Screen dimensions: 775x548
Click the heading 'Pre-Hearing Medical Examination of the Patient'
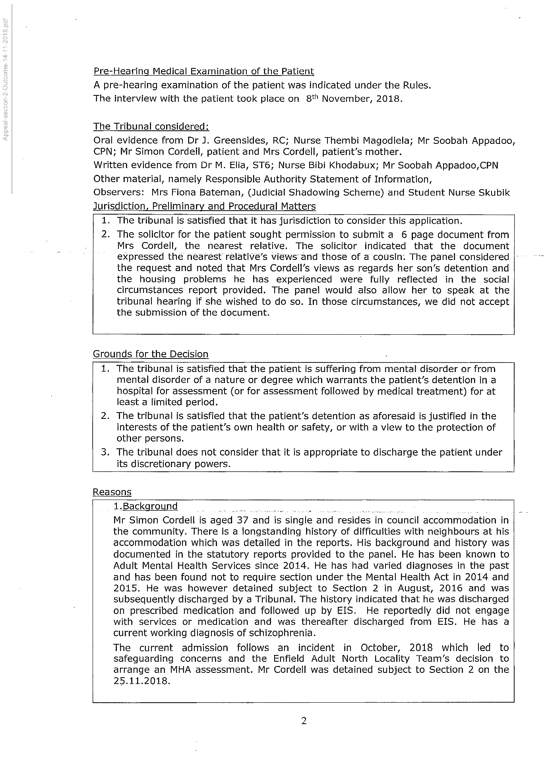pos(203,72)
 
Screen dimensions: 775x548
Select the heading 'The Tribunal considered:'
pos(151,126)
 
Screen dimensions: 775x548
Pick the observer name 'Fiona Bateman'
pos(208,193)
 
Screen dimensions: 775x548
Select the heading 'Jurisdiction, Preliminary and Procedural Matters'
pos(204,207)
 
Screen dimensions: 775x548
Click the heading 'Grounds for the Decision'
pos(151,354)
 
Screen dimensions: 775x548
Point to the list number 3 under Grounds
pos(105,452)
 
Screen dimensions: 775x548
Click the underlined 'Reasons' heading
pos(112,492)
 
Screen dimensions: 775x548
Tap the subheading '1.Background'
pos(145,506)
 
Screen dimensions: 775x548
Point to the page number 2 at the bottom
pos(304,721)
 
